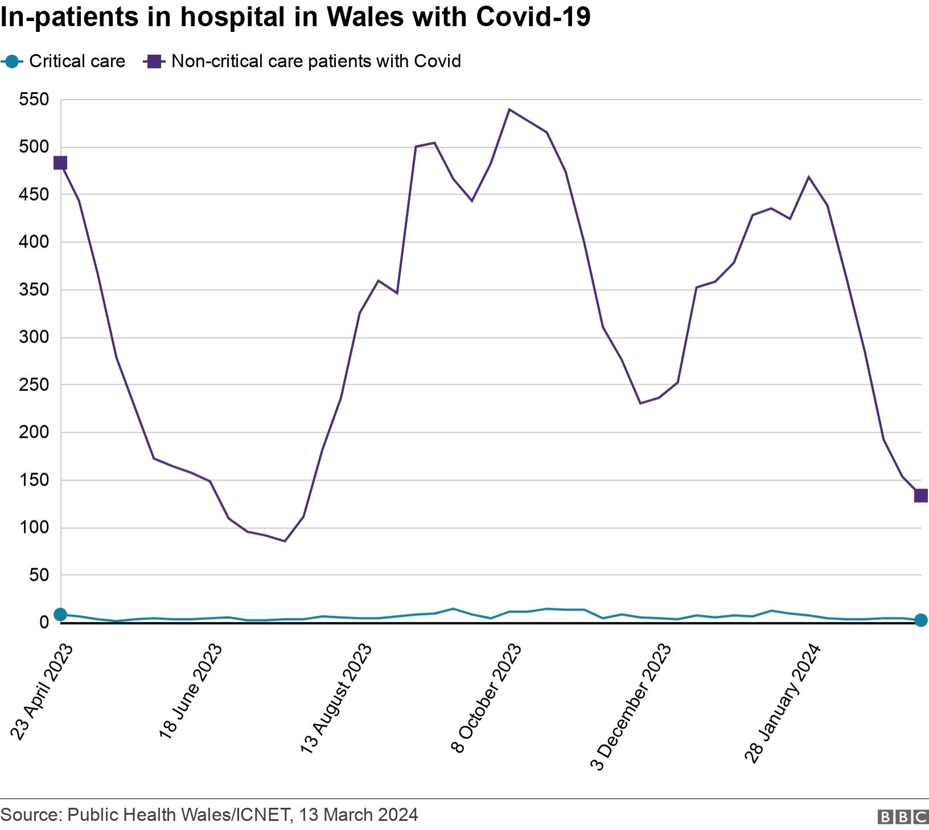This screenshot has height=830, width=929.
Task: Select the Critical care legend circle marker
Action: click(x=11, y=61)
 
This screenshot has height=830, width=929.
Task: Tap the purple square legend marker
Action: click(x=154, y=61)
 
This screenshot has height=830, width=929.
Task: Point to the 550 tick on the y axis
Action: click(x=34, y=100)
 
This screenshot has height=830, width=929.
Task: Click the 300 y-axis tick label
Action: click(x=34, y=338)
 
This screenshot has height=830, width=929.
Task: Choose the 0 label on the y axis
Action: click(x=44, y=623)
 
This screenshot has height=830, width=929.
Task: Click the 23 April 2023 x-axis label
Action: click(x=42, y=692)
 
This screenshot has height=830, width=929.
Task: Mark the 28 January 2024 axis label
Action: click(x=783, y=702)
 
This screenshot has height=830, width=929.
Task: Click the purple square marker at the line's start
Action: click(x=60, y=163)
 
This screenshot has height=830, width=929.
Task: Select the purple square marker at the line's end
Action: click(x=920, y=496)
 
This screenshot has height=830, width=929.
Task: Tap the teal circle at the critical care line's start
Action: click(x=60, y=614)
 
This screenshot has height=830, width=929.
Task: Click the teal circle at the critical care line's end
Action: click(x=920, y=620)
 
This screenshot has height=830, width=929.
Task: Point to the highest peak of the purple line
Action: click(x=509, y=109)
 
